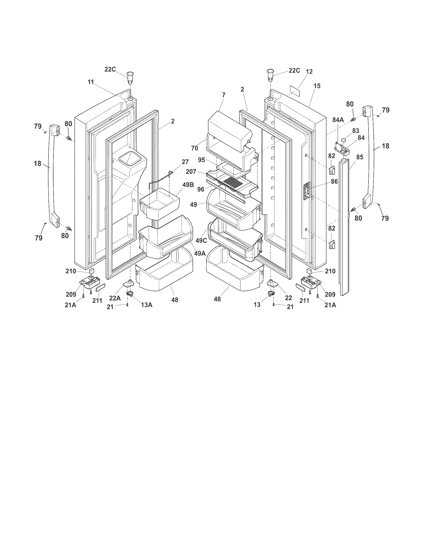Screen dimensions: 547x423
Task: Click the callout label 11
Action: [x=91, y=82]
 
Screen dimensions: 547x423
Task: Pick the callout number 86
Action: [x=334, y=182]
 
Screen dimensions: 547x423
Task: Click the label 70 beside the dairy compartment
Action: [x=195, y=148]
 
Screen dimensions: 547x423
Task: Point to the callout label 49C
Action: [x=201, y=241]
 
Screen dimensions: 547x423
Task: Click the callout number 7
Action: [x=223, y=95]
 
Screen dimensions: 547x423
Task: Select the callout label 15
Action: [x=317, y=86]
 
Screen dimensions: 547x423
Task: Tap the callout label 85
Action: [x=360, y=157]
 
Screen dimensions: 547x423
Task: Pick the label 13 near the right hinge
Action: [x=257, y=305]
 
